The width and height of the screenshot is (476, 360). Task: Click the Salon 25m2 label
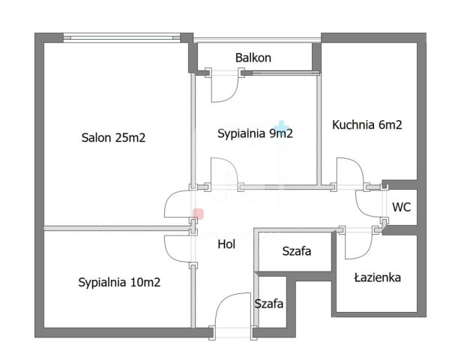[x=112, y=137]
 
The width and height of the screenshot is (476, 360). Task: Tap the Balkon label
[x=253, y=58]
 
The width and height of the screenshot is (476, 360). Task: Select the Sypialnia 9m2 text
[x=254, y=134]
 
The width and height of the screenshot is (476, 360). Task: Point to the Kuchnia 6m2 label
[x=367, y=125]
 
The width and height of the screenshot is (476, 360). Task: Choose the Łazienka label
[x=377, y=277]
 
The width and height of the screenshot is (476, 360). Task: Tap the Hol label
[x=227, y=244]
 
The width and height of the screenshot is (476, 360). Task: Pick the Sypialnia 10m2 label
[x=119, y=283]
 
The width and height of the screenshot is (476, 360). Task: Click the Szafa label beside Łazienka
[x=296, y=251]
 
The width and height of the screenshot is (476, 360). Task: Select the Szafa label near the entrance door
[x=268, y=304]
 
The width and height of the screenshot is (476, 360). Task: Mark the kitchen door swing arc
[x=349, y=170]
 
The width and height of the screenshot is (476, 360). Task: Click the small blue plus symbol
[x=282, y=125]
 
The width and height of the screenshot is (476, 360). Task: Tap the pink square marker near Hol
[x=198, y=214]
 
